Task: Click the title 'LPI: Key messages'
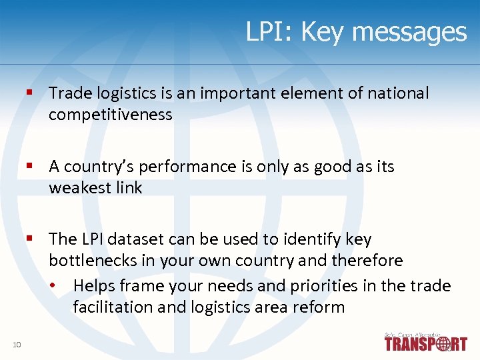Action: tap(356, 32)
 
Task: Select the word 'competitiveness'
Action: tap(110, 115)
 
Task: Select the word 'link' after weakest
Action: tap(128, 188)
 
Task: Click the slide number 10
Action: tap(17, 344)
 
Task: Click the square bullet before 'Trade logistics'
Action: tap(30, 93)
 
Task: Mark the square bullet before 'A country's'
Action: tap(30, 166)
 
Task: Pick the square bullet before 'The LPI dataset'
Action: tap(30, 238)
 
